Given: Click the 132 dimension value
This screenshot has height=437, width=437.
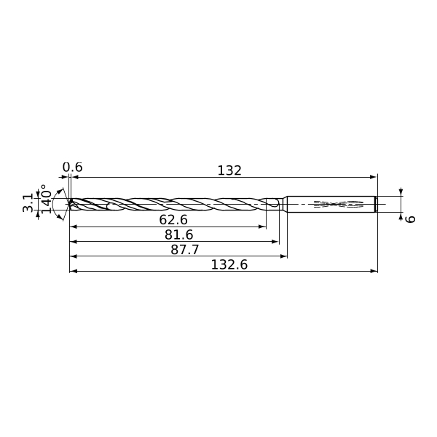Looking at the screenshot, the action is click(229, 170).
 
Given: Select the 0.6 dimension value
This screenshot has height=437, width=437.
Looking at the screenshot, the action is click(72, 168).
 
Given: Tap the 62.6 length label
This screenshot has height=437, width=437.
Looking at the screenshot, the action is click(173, 220).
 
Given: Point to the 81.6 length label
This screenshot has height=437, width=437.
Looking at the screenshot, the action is click(179, 235).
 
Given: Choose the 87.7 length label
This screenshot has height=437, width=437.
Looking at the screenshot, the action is click(185, 250).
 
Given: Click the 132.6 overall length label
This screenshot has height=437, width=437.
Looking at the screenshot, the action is click(229, 264).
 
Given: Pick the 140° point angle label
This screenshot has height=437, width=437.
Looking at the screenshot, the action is click(47, 199).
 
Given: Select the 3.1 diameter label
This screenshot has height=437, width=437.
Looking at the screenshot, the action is click(28, 202).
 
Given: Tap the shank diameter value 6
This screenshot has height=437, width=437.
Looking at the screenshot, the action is click(410, 219).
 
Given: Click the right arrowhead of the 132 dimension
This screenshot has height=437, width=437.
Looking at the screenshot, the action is click(373, 177).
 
